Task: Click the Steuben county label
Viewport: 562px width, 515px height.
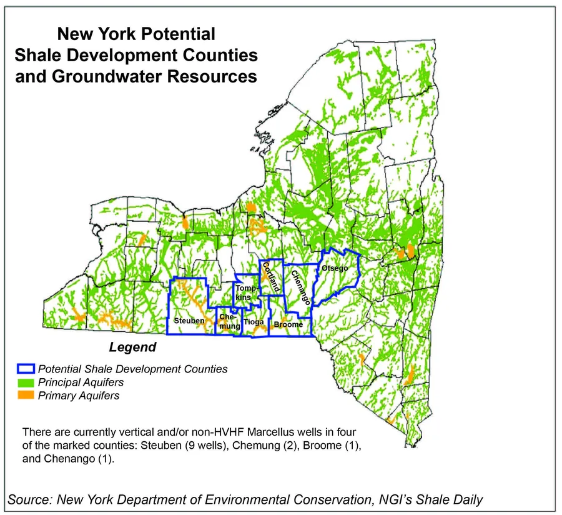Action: point(189,321)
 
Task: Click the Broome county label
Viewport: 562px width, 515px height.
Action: point(288,325)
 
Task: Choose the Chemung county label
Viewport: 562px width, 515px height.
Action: point(225,322)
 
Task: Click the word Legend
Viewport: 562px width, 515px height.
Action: point(132,347)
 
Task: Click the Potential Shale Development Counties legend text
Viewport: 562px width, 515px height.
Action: point(132,369)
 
